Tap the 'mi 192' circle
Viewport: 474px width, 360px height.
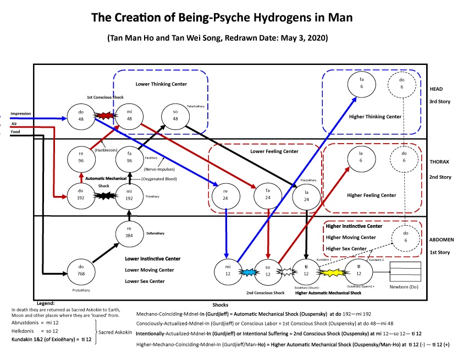[129, 195]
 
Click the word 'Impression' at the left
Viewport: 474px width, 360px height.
[20, 114]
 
